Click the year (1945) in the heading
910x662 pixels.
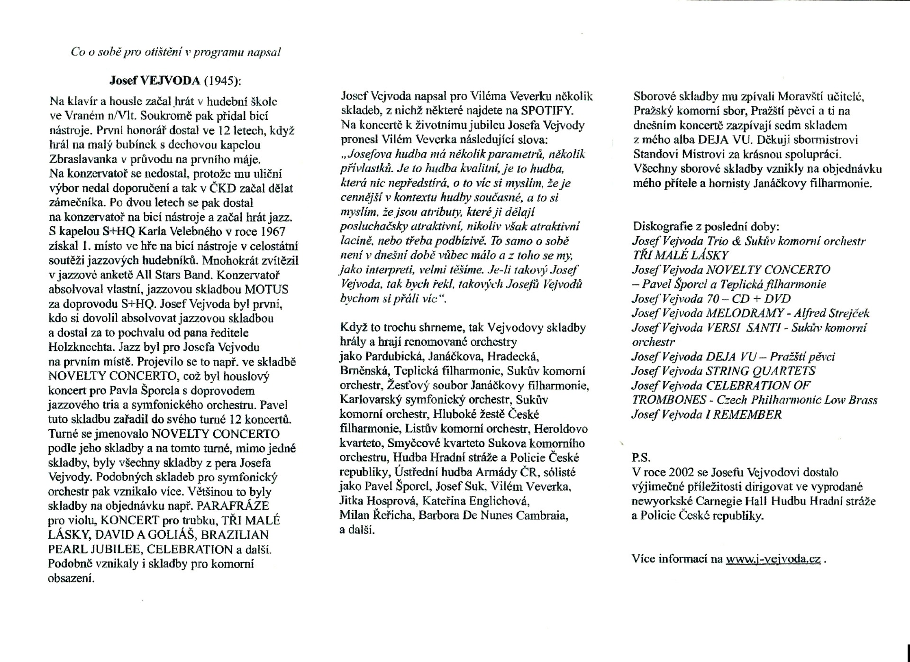pos(222,80)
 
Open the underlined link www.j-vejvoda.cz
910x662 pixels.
pos(773,559)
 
